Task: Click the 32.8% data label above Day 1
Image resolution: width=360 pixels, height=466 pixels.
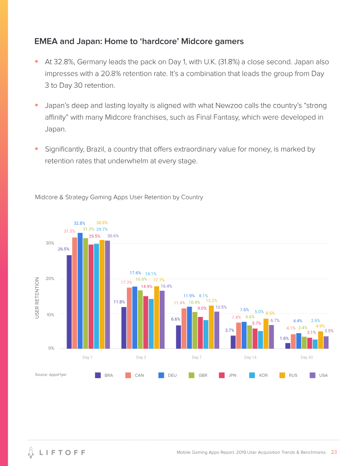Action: click(80, 223)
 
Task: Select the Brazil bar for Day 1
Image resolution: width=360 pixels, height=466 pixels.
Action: click(69, 302)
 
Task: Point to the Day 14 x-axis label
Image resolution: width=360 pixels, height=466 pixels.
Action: click(250, 357)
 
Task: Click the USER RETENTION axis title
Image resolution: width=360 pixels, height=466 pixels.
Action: click(38, 299)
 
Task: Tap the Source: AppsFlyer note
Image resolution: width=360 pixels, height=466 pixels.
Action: click(51, 375)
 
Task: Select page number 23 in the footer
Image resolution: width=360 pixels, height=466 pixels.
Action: click(334, 452)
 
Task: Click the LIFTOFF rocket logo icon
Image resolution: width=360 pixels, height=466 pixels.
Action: click(30, 452)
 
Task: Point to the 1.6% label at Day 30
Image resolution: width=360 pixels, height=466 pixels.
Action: click(284, 338)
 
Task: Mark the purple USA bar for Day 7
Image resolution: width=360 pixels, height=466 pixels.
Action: click(216, 330)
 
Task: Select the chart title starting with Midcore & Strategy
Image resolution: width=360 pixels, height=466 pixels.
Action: click(119, 197)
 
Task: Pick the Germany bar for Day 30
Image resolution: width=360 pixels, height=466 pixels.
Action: click(299, 341)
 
